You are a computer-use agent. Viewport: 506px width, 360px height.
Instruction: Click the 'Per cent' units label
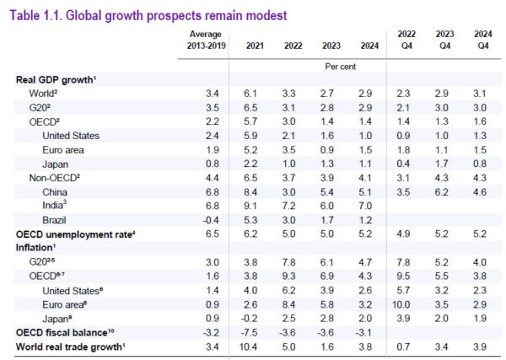click(341, 65)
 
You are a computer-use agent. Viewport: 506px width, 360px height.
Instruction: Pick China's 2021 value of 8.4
click(249, 191)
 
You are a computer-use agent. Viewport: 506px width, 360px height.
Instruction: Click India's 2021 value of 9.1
click(249, 205)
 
